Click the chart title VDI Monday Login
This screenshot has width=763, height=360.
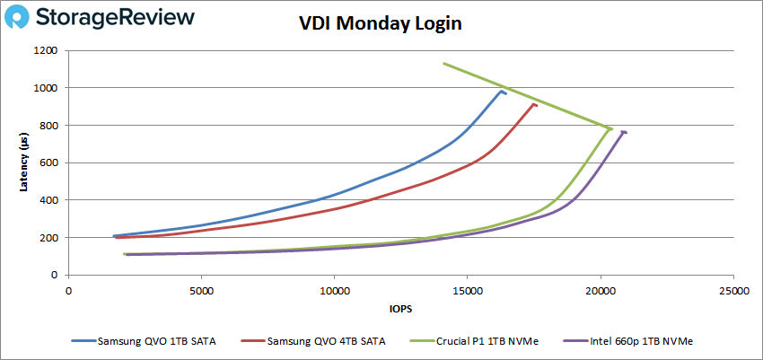[x=381, y=24]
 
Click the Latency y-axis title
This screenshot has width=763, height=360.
[x=24, y=162]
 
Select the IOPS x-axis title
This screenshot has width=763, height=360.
[x=400, y=308]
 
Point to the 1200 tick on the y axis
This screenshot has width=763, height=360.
[x=46, y=50]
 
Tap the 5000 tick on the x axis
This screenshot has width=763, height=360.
[x=202, y=290]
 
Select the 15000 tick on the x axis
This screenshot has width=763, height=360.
[x=468, y=290]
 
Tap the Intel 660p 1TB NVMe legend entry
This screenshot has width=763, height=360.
[x=625, y=341]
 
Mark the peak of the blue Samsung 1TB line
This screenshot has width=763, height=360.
[x=502, y=91]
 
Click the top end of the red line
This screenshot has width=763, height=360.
[x=534, y=104]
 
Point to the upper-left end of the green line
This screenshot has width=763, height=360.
[x=443, y=63]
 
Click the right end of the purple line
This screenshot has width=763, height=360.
[x=624, y=132]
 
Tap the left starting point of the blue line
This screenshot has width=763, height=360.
[x=114, y=236]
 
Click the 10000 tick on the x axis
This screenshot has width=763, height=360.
[x=335, y=290]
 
